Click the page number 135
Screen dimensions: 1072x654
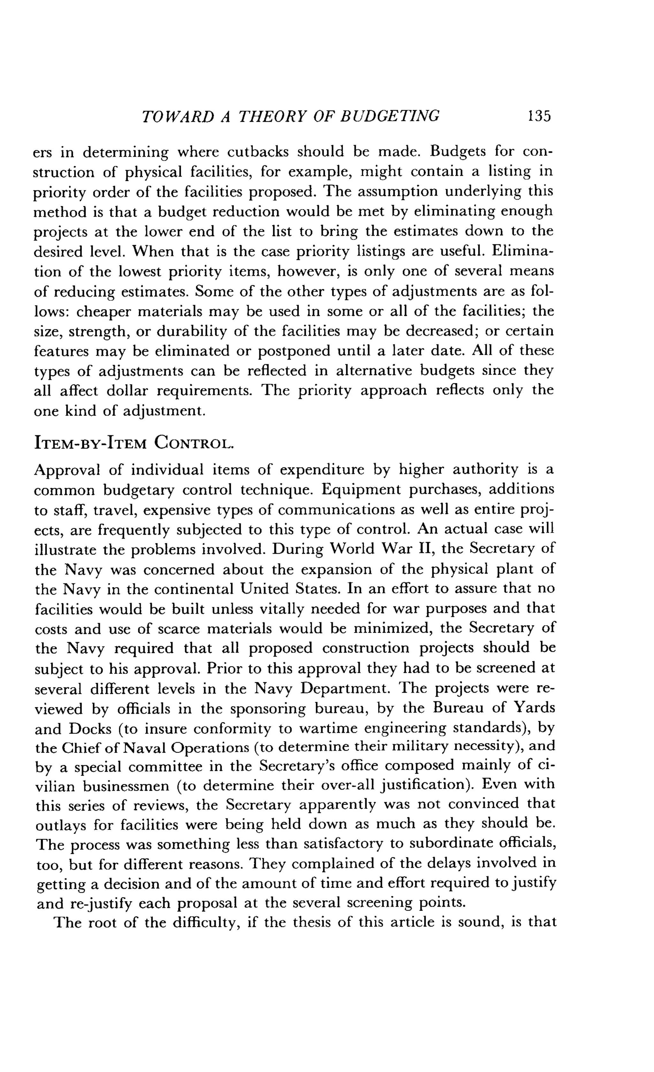pos(539,116)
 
